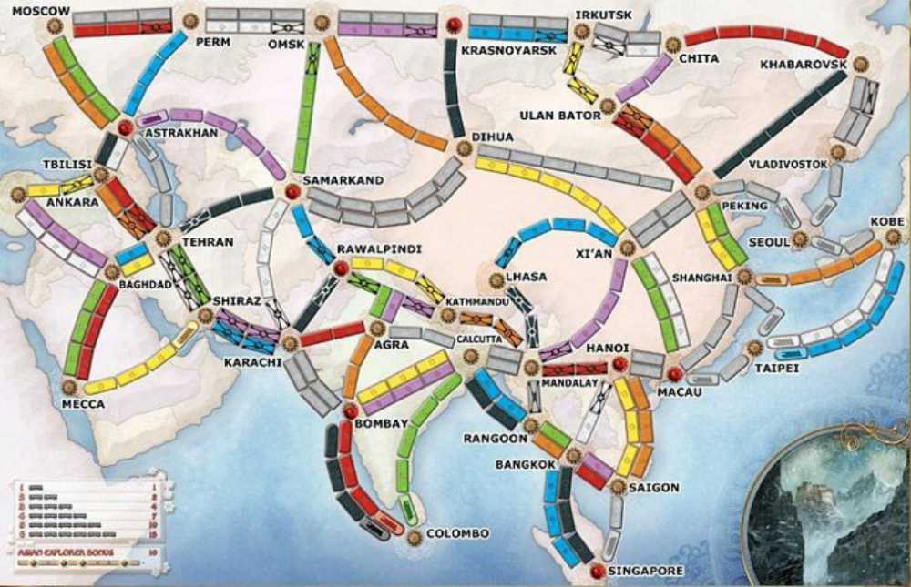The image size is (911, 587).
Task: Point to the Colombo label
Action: [458, 533]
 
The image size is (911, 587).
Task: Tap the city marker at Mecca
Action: [69, 386]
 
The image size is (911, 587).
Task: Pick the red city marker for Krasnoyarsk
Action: [452, 25]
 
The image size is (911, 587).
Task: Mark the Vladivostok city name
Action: [788, 165]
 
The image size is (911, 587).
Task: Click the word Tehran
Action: [208, 243]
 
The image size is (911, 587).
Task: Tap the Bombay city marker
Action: [350, 412]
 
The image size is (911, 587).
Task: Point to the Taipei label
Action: [777, 367]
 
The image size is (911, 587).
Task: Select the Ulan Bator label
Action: [560, 116]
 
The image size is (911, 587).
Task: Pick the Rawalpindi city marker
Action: [340, 268]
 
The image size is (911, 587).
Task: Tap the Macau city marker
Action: [674, 374]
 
